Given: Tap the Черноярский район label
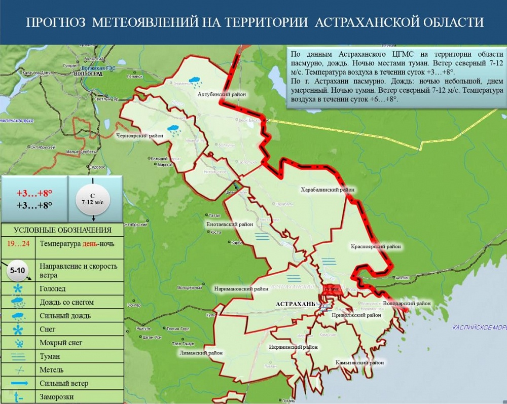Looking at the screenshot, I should click(x=140, y=136).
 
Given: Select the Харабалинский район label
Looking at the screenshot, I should click(x=328, y=190).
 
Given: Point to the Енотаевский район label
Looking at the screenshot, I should click(x=230, y=224).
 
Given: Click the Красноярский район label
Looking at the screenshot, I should click(x=376, y=247).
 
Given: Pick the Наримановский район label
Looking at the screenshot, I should click(x=241, y=289).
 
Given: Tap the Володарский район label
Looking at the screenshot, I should click(x=407, y=303).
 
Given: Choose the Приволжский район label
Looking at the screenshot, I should click(x=356, y=315).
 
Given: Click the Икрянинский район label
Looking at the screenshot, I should click(x=293, y=347).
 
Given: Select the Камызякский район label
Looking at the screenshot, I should click(x=359, y=363).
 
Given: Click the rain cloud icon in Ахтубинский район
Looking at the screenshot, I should click(x=194, y=80).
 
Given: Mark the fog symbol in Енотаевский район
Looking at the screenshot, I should click(x=262, y=236).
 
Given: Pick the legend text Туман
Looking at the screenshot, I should click(x=50, y=356).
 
